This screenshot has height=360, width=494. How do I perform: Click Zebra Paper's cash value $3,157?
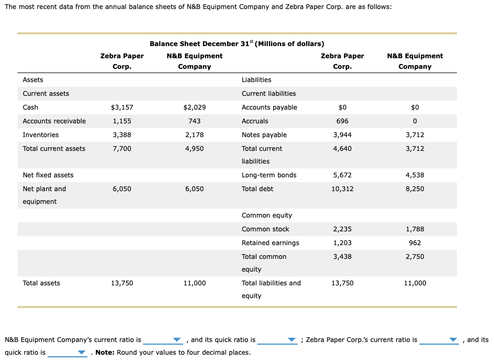coord(122,107)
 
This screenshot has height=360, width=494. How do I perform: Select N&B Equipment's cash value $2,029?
coord(194,107)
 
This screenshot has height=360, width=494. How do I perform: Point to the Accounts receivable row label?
coord(54,121)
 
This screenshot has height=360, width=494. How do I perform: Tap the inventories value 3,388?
coord(122,135)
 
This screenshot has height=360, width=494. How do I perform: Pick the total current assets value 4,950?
coord(194,149)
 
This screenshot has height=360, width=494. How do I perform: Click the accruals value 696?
coord(342,121)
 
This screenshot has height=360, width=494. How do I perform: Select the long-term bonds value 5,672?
coord(342,175)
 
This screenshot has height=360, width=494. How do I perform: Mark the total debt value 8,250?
coord(415,189)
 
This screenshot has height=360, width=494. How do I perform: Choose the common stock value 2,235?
coord(342,229)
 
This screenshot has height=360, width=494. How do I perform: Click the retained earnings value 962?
coord(415,243)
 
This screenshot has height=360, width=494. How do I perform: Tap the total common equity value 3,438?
coord(342,257)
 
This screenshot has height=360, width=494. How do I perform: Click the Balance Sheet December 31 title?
coord(237,43)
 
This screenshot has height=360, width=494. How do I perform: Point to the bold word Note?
coord(104,353)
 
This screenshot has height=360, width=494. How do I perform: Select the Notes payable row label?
coord(264,135)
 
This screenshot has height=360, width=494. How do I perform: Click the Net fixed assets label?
coord(48,175)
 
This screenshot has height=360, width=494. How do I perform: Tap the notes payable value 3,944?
coord(342,135)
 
